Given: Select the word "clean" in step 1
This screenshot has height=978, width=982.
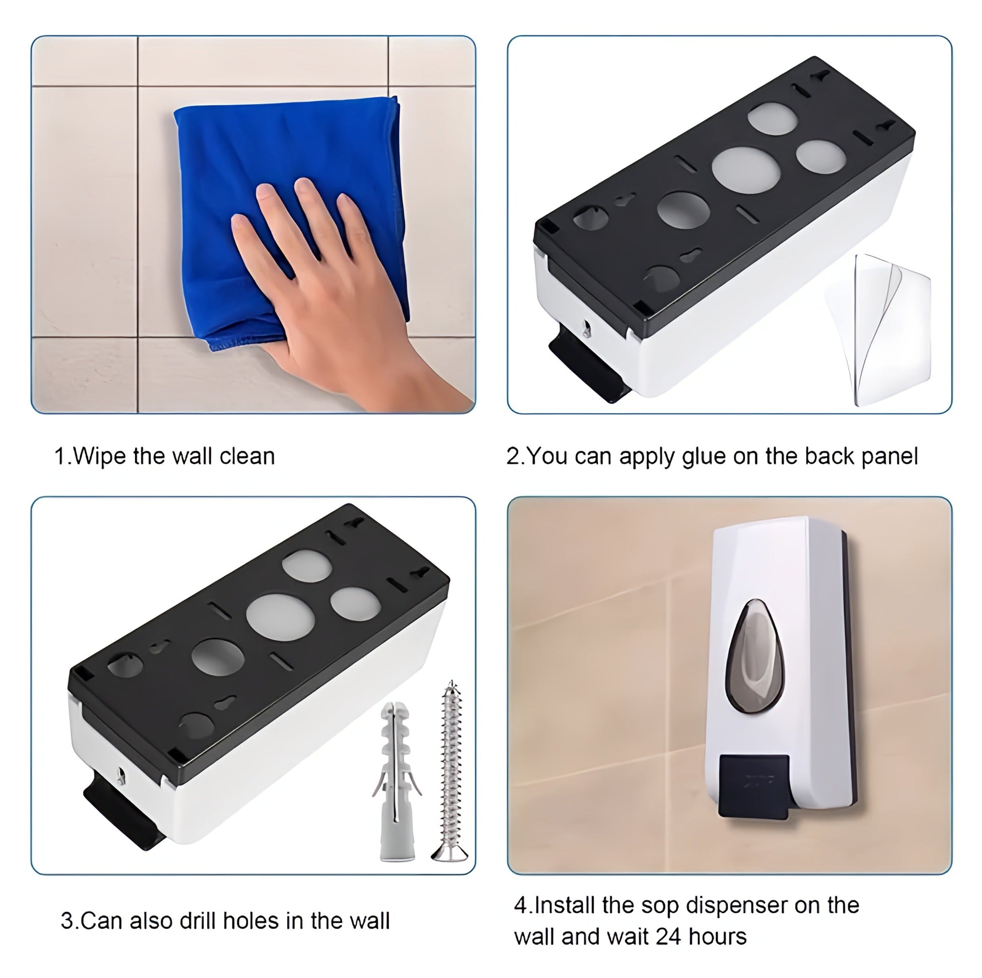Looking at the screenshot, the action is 247,456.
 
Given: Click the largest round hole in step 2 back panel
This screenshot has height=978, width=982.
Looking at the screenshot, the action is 746,170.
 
